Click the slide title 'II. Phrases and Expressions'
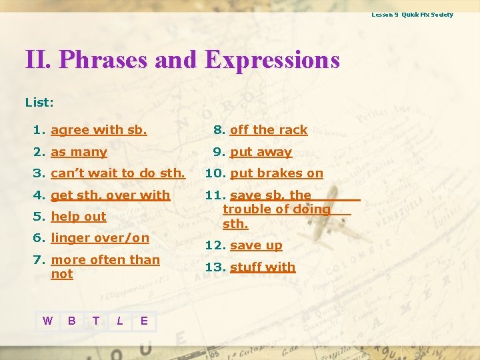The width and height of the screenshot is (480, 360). click(x=182, y=60)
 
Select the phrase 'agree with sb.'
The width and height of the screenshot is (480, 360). click(x=99, y=130)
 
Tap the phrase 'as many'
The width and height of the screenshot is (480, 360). click(x=79, y=152)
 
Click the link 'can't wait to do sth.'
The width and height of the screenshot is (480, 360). click(x=117, y=173)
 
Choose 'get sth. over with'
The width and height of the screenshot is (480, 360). click(x=110, y=195)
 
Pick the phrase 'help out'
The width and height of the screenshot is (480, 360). click(x=79, y=217)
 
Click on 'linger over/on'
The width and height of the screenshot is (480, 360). click(x=100, y=238)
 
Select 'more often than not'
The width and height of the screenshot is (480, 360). click(x=105, y=260)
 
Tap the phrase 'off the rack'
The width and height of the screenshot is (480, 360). click(x=269, y=130)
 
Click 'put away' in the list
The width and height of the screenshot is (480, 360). click(x=261, y=152)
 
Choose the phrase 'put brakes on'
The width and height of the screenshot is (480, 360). click(x=276, y=173)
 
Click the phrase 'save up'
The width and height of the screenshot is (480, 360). click(x=256, y=245)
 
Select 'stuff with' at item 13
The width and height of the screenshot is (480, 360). click(x=263, y=267)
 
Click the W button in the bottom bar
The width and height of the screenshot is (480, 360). click(x=47, y=321)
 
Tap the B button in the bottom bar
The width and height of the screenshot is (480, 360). click(x=71, y=321)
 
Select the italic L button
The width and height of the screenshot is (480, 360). click(x=119, y=321)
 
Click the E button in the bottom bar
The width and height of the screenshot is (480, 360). click(x=144, y=321)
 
